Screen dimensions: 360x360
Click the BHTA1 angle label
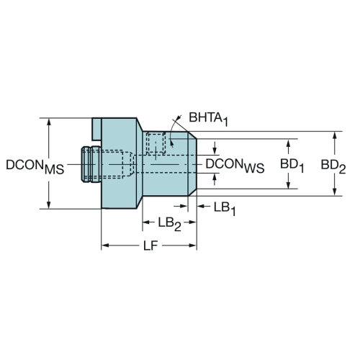[x=208, y=119]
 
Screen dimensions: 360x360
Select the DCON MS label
[x=35, y=166]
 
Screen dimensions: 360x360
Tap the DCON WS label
[x=235, y=166]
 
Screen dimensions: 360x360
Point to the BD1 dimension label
[x=292, y=166]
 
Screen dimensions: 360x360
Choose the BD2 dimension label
[x=333, y=166]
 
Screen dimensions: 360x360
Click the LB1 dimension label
[x=225, y=208]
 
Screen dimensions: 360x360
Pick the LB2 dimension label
[x=169, y=224]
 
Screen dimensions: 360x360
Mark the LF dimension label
[x=150, y=246]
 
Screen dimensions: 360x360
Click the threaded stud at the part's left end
[x=91, y=164]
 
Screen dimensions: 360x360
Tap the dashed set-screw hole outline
[x=156, y=143]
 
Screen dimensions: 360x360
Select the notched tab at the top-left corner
[x=96, y=129]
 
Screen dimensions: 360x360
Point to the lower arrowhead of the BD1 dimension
[x=289, y=184]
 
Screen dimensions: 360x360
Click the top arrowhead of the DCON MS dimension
[x=49, y=122]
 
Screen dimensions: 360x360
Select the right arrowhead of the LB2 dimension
[x=192, y=222]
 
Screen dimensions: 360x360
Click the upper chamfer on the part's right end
[x=192, y=135]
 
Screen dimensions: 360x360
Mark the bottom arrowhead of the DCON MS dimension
[x=49, y=204]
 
